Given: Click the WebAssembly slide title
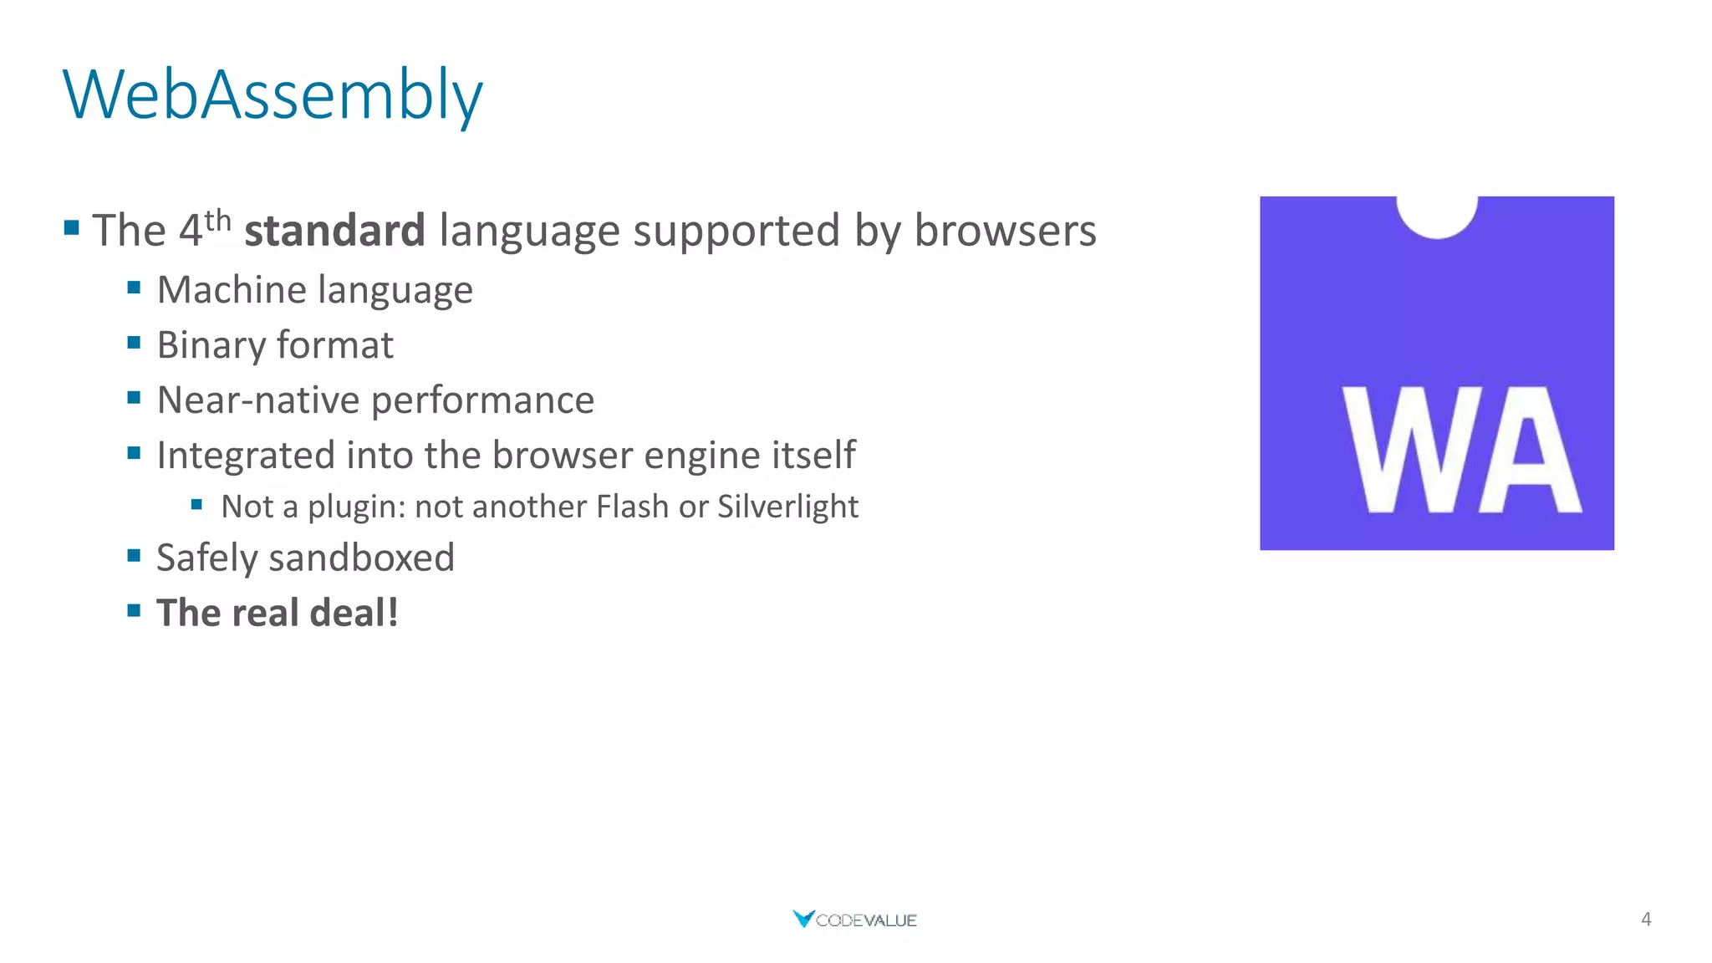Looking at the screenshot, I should (x=273, y=94).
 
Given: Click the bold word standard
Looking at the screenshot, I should (x=334, y=231).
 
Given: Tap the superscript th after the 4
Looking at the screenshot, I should (x=217, y=220).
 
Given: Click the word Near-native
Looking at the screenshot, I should (x=259, y=400).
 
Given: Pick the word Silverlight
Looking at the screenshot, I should (x=787, y=507).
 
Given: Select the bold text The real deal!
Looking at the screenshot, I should (x=277, y=613).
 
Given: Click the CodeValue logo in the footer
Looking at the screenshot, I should (x=854, y=920).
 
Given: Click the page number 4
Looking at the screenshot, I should (x=1646, y=920).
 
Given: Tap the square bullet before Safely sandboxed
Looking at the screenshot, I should (x=134, y=556).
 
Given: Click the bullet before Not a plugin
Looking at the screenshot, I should (x=196, y=505).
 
